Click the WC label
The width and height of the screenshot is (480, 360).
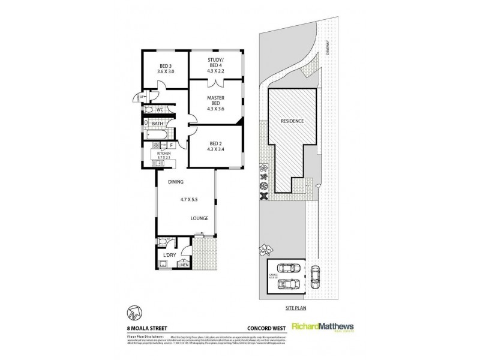coord(160,110)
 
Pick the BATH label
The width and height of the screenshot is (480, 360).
coord(158,124)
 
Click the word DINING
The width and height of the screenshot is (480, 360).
coord(176,181)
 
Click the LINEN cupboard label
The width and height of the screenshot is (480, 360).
coord(182,265)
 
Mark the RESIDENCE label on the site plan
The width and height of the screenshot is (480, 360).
coord(292,121)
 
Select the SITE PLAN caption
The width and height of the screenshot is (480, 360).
coord(297,305)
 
